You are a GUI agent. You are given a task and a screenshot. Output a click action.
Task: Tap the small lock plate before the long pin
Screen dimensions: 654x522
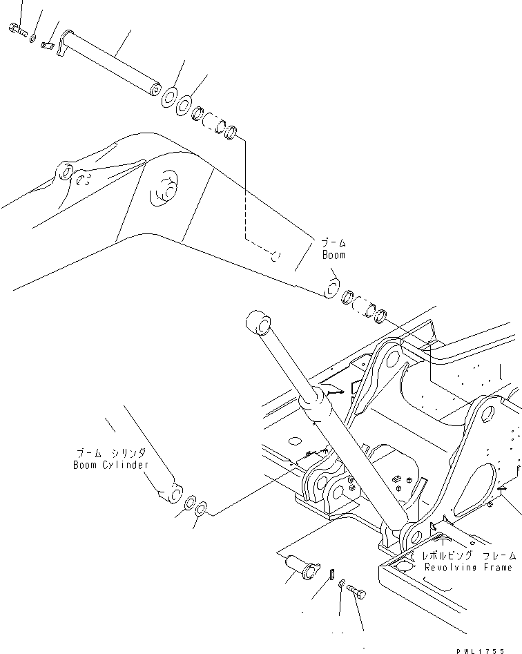click(48, 46)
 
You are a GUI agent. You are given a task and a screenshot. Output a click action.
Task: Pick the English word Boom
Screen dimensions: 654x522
click(333, 254)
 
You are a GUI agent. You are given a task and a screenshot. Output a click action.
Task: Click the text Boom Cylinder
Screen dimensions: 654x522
click(110, 465)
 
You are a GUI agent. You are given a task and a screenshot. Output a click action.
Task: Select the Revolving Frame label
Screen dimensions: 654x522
click(469, 567)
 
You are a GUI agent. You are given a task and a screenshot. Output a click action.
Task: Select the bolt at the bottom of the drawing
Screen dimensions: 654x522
click(356, 592)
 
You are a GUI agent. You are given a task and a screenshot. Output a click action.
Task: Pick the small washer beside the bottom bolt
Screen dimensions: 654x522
click(342, 586)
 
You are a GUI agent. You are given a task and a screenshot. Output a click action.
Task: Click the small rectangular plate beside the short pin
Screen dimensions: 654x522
click(331, 573)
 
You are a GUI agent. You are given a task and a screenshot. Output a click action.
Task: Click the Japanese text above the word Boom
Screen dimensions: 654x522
click(333, 243)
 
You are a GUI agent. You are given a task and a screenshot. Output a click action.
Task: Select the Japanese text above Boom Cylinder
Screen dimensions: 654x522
click(110, 454)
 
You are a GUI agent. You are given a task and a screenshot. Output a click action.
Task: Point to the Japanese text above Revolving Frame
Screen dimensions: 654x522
click(470, 555)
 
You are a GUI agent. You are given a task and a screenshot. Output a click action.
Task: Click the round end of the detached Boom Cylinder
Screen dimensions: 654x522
click(175, 493)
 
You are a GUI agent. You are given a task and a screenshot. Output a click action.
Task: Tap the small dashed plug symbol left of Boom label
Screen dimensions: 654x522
click(275, 257)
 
